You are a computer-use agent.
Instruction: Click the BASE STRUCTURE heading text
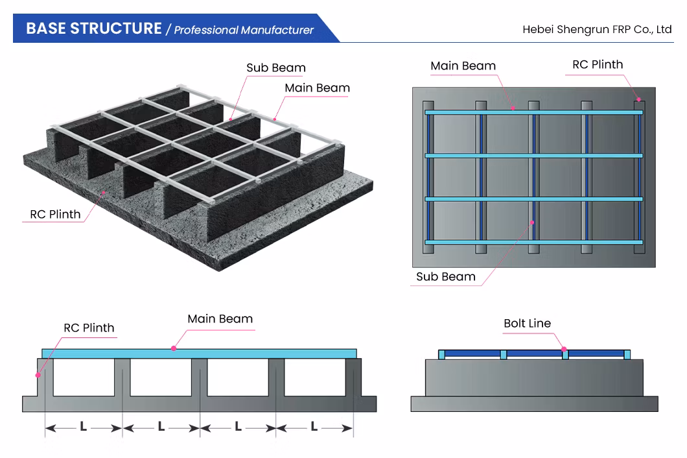point(93,29)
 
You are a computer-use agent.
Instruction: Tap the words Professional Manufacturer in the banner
point(244,30)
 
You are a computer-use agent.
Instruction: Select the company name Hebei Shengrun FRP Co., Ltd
point(597,29)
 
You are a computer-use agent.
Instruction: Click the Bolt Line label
point(527,323)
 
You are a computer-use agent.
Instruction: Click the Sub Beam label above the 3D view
point(275,67)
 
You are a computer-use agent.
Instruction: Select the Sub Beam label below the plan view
point(445,276)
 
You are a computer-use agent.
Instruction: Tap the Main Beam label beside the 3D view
point(317,88)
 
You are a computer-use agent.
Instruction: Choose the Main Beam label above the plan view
point(463,66)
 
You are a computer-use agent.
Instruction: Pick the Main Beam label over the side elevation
point(220,319)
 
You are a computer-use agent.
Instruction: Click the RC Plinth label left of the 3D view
point(55,214)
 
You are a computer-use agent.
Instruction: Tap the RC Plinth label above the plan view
point(597,64)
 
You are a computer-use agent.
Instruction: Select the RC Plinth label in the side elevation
point(89,328)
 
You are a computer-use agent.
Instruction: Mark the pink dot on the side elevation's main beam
point(174,348)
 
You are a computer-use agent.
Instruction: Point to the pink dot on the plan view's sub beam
point(532,223)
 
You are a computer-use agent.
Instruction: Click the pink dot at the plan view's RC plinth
point(638,100)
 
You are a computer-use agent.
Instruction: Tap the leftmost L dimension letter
point(83,427)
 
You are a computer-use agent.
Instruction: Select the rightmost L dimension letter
point(314,427)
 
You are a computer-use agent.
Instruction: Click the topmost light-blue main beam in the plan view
point(533,112)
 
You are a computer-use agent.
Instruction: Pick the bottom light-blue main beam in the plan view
point(533,242)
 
